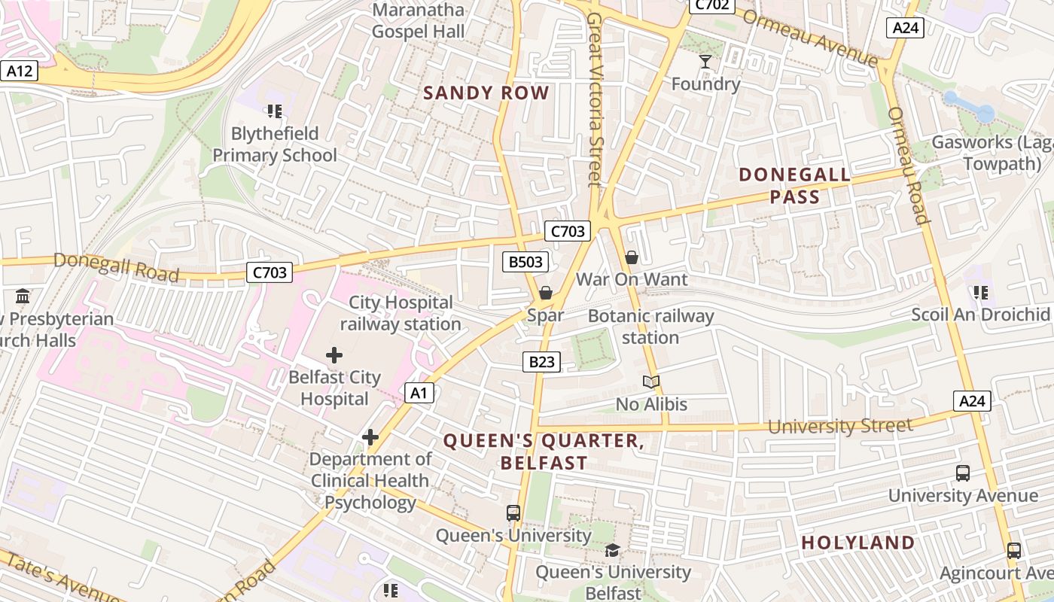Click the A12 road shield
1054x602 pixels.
click(19, 71)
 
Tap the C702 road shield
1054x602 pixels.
click(711, 5)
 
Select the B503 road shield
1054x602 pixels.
click(525, 262)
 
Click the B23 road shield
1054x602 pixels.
click(541, 362)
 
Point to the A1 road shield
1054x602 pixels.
click(419, 392)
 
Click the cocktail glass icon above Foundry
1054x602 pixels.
click(705, 61)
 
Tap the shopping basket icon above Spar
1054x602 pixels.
click(546, 293)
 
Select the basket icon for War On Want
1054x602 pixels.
click(632, 257)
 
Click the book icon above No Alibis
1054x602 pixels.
click(651, 382)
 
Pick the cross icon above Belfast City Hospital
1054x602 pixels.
click(334, 354)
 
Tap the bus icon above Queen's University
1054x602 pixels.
click(513, 513)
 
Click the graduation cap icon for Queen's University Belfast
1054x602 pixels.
click(612, 550)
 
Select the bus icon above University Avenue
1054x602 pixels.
click(963, 473)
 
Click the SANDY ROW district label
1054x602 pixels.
click(486, 93)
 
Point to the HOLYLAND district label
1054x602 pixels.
click(858, 543)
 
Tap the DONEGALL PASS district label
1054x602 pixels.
click(795, 186)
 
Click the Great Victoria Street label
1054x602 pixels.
click(595, 98)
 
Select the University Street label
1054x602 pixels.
click(839, 426)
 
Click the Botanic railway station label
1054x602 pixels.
click(650, 327)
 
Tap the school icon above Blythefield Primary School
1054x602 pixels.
click(275, 111)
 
